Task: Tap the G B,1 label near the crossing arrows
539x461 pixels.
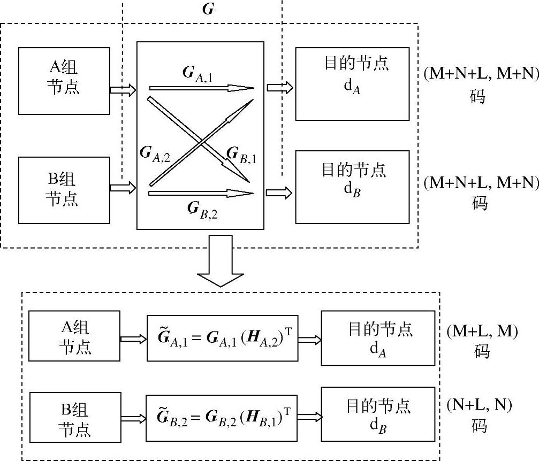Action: pos(241,154)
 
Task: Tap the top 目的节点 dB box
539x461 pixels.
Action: pos(352,187)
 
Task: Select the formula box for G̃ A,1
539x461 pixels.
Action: pos(222,337)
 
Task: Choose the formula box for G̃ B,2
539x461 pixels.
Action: pos(222,416)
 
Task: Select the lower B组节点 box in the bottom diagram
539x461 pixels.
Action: pos(74,417)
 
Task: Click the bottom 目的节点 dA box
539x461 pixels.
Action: pos(377,339)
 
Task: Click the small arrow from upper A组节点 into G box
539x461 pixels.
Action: pos(123,90)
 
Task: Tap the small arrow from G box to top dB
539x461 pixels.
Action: pos(279,193)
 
